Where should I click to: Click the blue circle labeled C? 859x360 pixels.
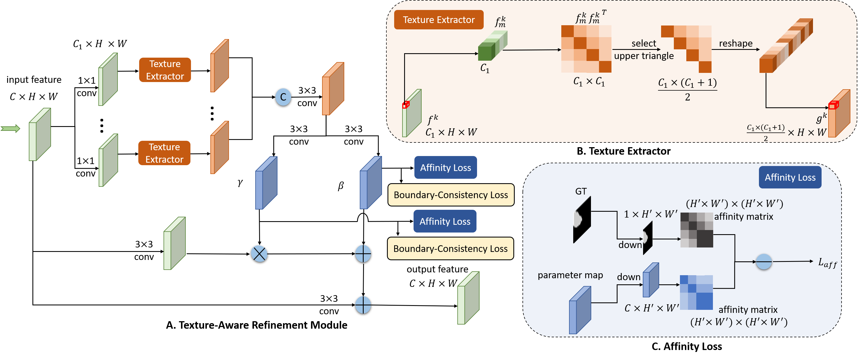pyautogui.click(x=283, y=97)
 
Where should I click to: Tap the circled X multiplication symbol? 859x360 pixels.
pyautogui.click(x=259, y=254)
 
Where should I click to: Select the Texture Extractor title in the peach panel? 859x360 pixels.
pyautogui.click(x=439, y=20)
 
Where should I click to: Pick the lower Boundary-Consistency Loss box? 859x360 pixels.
pyautogui.click(x=450, y=248)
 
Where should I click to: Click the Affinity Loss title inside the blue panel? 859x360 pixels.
pyautogui.click(x=790, y=177)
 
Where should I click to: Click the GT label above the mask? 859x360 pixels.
pyautogui.click(x=580, y=191)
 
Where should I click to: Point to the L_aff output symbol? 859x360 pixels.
pyautogui.click(x=827, y=263)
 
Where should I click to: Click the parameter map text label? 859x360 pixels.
pyautogui.click(x=570, y=275)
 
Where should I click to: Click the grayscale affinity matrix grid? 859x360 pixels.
pyautogui.click(x=697, y=230)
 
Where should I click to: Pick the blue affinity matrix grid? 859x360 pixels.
pyautogui.click(x=696, y=292)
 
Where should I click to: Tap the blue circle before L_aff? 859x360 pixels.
pyautogui.click(x=764, y=262)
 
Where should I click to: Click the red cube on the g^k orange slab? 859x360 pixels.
pyautogui.click(x=833, y=105)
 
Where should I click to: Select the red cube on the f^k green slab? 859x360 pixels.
pyautogui.click(x=406, y=105)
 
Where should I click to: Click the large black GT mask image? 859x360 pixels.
pyautogui.click(x=582, y=220)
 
